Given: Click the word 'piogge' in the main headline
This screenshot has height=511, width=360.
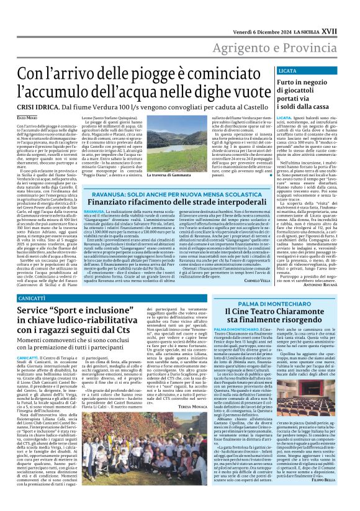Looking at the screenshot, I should (148, 73).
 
